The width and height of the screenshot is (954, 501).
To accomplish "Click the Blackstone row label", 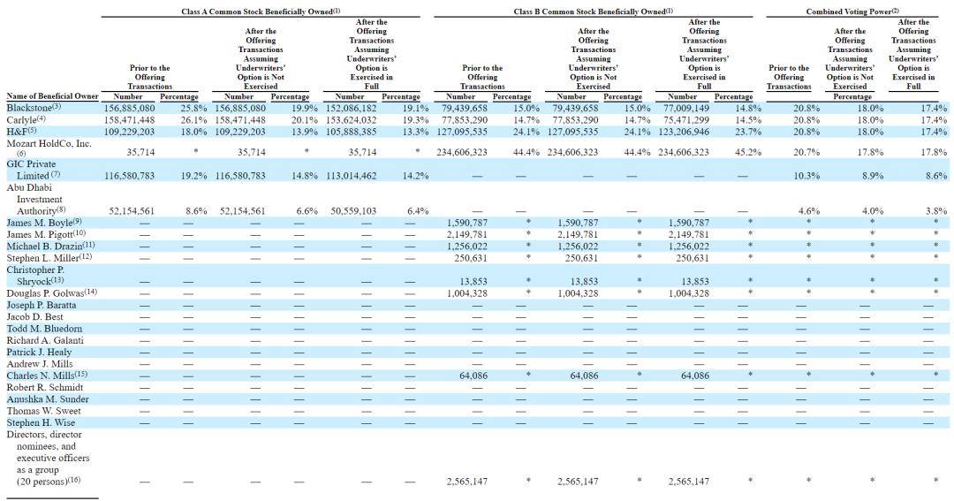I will click(x=28, y=108).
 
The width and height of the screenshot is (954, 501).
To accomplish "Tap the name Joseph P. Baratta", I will click(x=41, y=305).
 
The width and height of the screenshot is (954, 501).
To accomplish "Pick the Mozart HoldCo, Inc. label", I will click(x=48, y=142).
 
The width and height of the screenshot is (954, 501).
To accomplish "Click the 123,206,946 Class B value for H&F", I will click(x=688, y=131).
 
